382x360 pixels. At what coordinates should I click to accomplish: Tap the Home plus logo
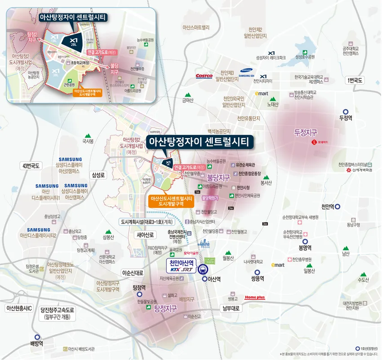coord(254,297)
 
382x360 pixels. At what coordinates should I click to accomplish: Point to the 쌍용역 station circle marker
coord(257,272)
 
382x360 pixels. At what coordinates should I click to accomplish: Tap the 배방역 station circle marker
coord(37,337)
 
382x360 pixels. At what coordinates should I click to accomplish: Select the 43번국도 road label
coord(31,166)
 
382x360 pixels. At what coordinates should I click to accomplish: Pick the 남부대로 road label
coord(232,309)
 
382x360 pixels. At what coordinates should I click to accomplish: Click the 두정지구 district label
coord(306,133)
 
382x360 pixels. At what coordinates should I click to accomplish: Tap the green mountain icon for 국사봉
coord(88,135)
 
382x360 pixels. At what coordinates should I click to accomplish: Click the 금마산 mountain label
coord(187,100)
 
